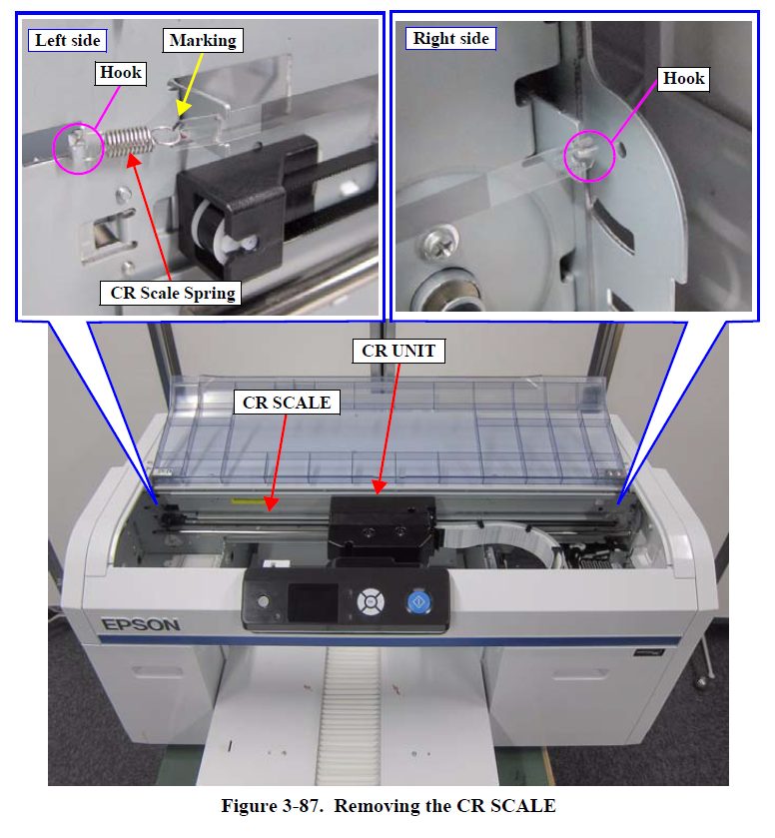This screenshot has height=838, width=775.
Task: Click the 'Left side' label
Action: pos(67,41)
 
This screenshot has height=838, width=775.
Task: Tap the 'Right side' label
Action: pos(450,39)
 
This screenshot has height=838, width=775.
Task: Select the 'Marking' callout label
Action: pos(203,41)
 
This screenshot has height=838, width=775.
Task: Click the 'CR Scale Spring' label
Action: pos(171,293)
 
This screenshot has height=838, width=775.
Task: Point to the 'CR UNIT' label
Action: pos(398,351)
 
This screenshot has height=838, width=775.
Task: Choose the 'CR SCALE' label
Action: pos(287,403)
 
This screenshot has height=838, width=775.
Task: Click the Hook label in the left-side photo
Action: pos(121,73)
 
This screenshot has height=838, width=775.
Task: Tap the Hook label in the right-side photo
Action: pos(683,79)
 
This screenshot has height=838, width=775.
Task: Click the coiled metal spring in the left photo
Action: pos(127,141)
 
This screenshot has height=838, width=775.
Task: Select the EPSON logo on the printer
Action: pos(141,625)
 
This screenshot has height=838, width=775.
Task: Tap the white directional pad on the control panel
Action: pos(371,601)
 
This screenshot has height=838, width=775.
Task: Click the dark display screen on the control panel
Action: pos(313,603)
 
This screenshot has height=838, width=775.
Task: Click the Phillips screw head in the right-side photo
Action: pos(439,240)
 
